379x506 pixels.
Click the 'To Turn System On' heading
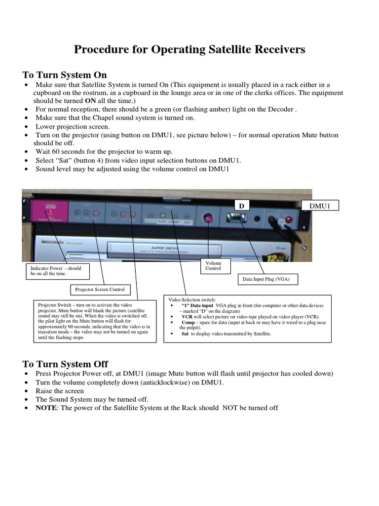click(65, 75)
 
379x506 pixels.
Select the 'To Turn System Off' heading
click(65, 364)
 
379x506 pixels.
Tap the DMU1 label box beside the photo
click(320, 205)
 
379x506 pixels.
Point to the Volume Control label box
click(213, 266)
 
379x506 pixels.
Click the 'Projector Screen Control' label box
click(100, 289)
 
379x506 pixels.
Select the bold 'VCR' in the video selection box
click(187, 316)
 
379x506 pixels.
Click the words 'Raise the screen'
click(60, 390)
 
